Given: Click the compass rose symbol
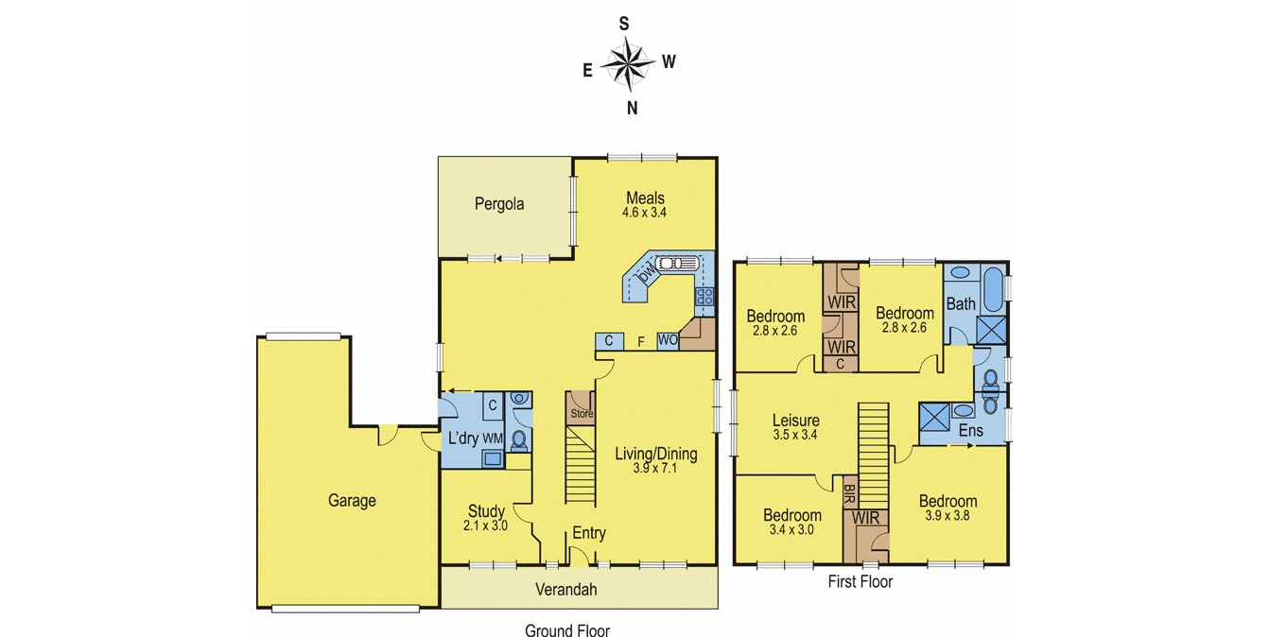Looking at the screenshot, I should (x=628, y=64).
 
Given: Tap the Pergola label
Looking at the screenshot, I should (x=499, y=203).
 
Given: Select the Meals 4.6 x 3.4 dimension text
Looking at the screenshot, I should (x=644, y=213).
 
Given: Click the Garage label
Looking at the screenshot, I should (x=352, y=501).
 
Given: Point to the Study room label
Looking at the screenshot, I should (x=486, y=511).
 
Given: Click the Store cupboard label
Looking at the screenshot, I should (x=581, y=413).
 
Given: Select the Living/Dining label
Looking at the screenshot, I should (x=655, y=454).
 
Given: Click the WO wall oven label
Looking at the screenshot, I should (x=667, y=339).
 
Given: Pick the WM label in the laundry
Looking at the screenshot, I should (x=493, y=439).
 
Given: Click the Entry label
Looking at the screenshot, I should (x=588, y=533).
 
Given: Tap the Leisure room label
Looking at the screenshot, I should (x=795, y=421).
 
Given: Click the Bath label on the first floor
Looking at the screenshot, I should (x=961, y=304).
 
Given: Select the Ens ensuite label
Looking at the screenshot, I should (x=970, y=431).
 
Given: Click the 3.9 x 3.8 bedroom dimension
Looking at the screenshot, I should (x=947, y=516).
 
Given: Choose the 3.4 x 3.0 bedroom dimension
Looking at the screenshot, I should (x=792, y=529).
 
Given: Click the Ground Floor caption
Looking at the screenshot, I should (x=567, y=631).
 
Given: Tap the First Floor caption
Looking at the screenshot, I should (x=860, y=582).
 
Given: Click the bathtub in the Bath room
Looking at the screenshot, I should (x=993, y=291).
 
